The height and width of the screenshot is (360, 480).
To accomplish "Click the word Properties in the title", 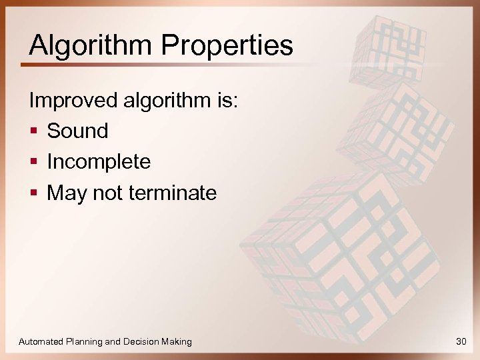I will coord(227,45).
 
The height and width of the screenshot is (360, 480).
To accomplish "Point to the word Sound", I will coord(77,131).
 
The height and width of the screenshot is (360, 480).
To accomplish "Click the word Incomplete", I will coord(99,162).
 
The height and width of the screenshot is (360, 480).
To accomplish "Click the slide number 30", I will coord(461,341).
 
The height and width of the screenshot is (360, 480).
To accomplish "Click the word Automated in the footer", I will coord(41,341).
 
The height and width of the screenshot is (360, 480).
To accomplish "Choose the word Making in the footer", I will coord(177,341).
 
